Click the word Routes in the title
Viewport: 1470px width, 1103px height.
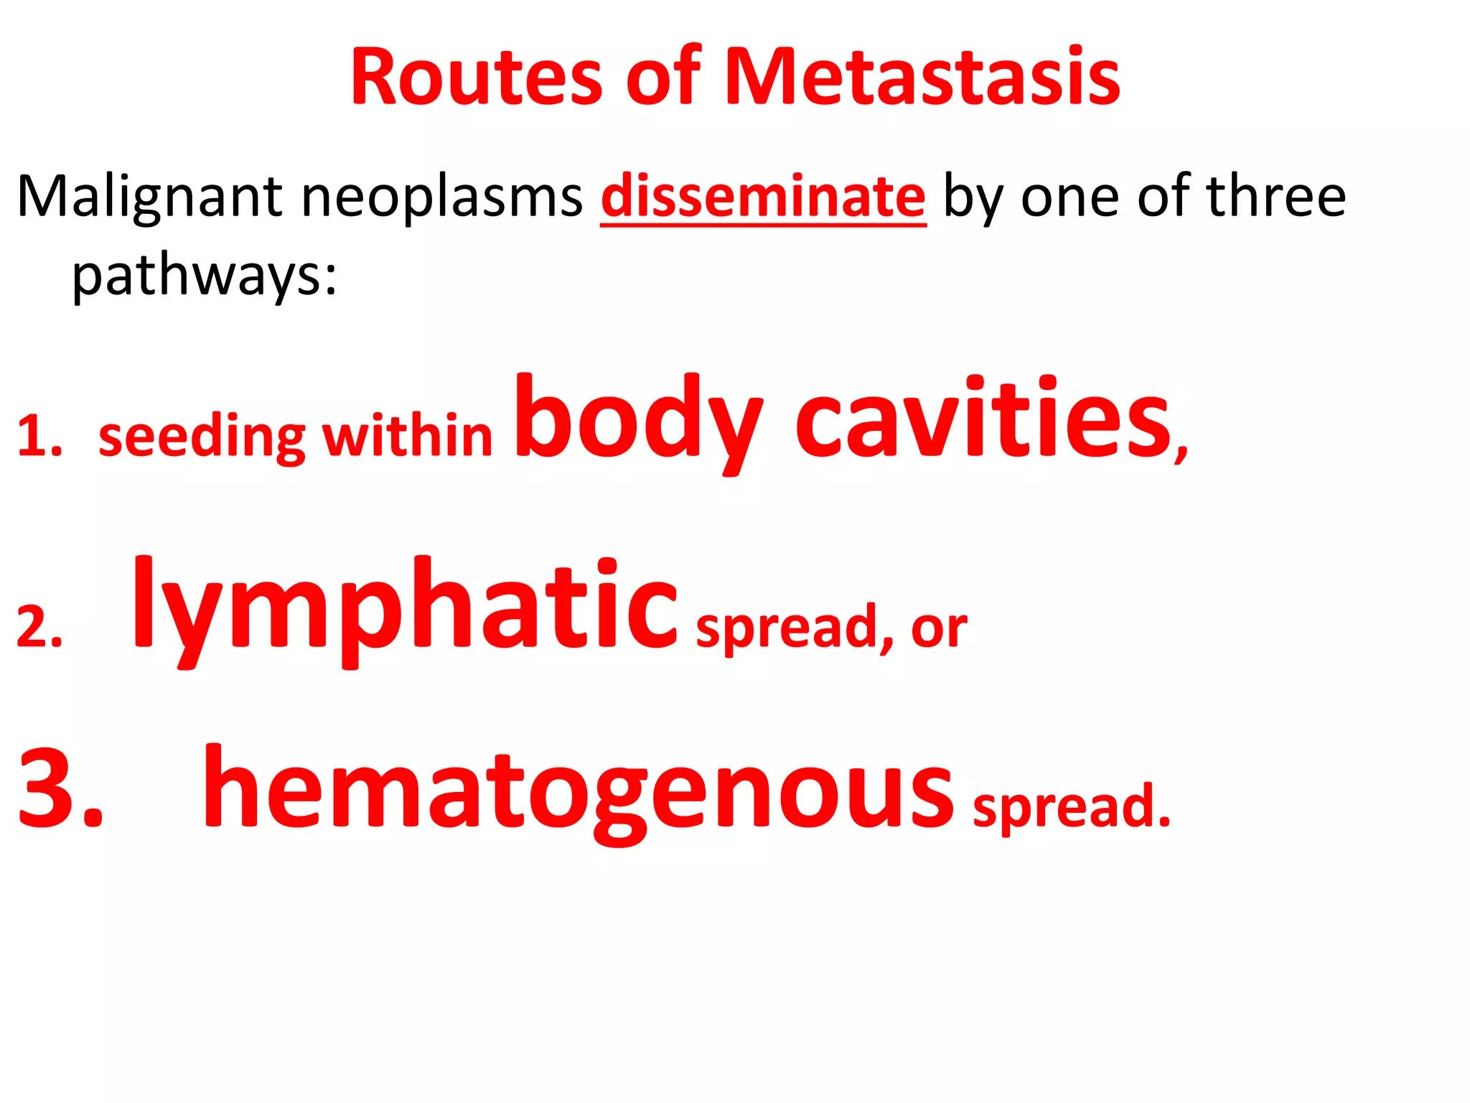tap(476, 78)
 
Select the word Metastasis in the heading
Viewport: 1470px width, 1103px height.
tap(922, 78)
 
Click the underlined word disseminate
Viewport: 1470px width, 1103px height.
tap(763, 197)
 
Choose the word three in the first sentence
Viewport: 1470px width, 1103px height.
tap(1276, 195)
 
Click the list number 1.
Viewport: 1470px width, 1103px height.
tap(39, 436)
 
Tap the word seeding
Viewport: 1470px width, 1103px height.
tap(202, 438)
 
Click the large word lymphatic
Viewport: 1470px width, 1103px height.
tap(405, 608)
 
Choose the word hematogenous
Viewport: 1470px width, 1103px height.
tap(579, 790)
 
